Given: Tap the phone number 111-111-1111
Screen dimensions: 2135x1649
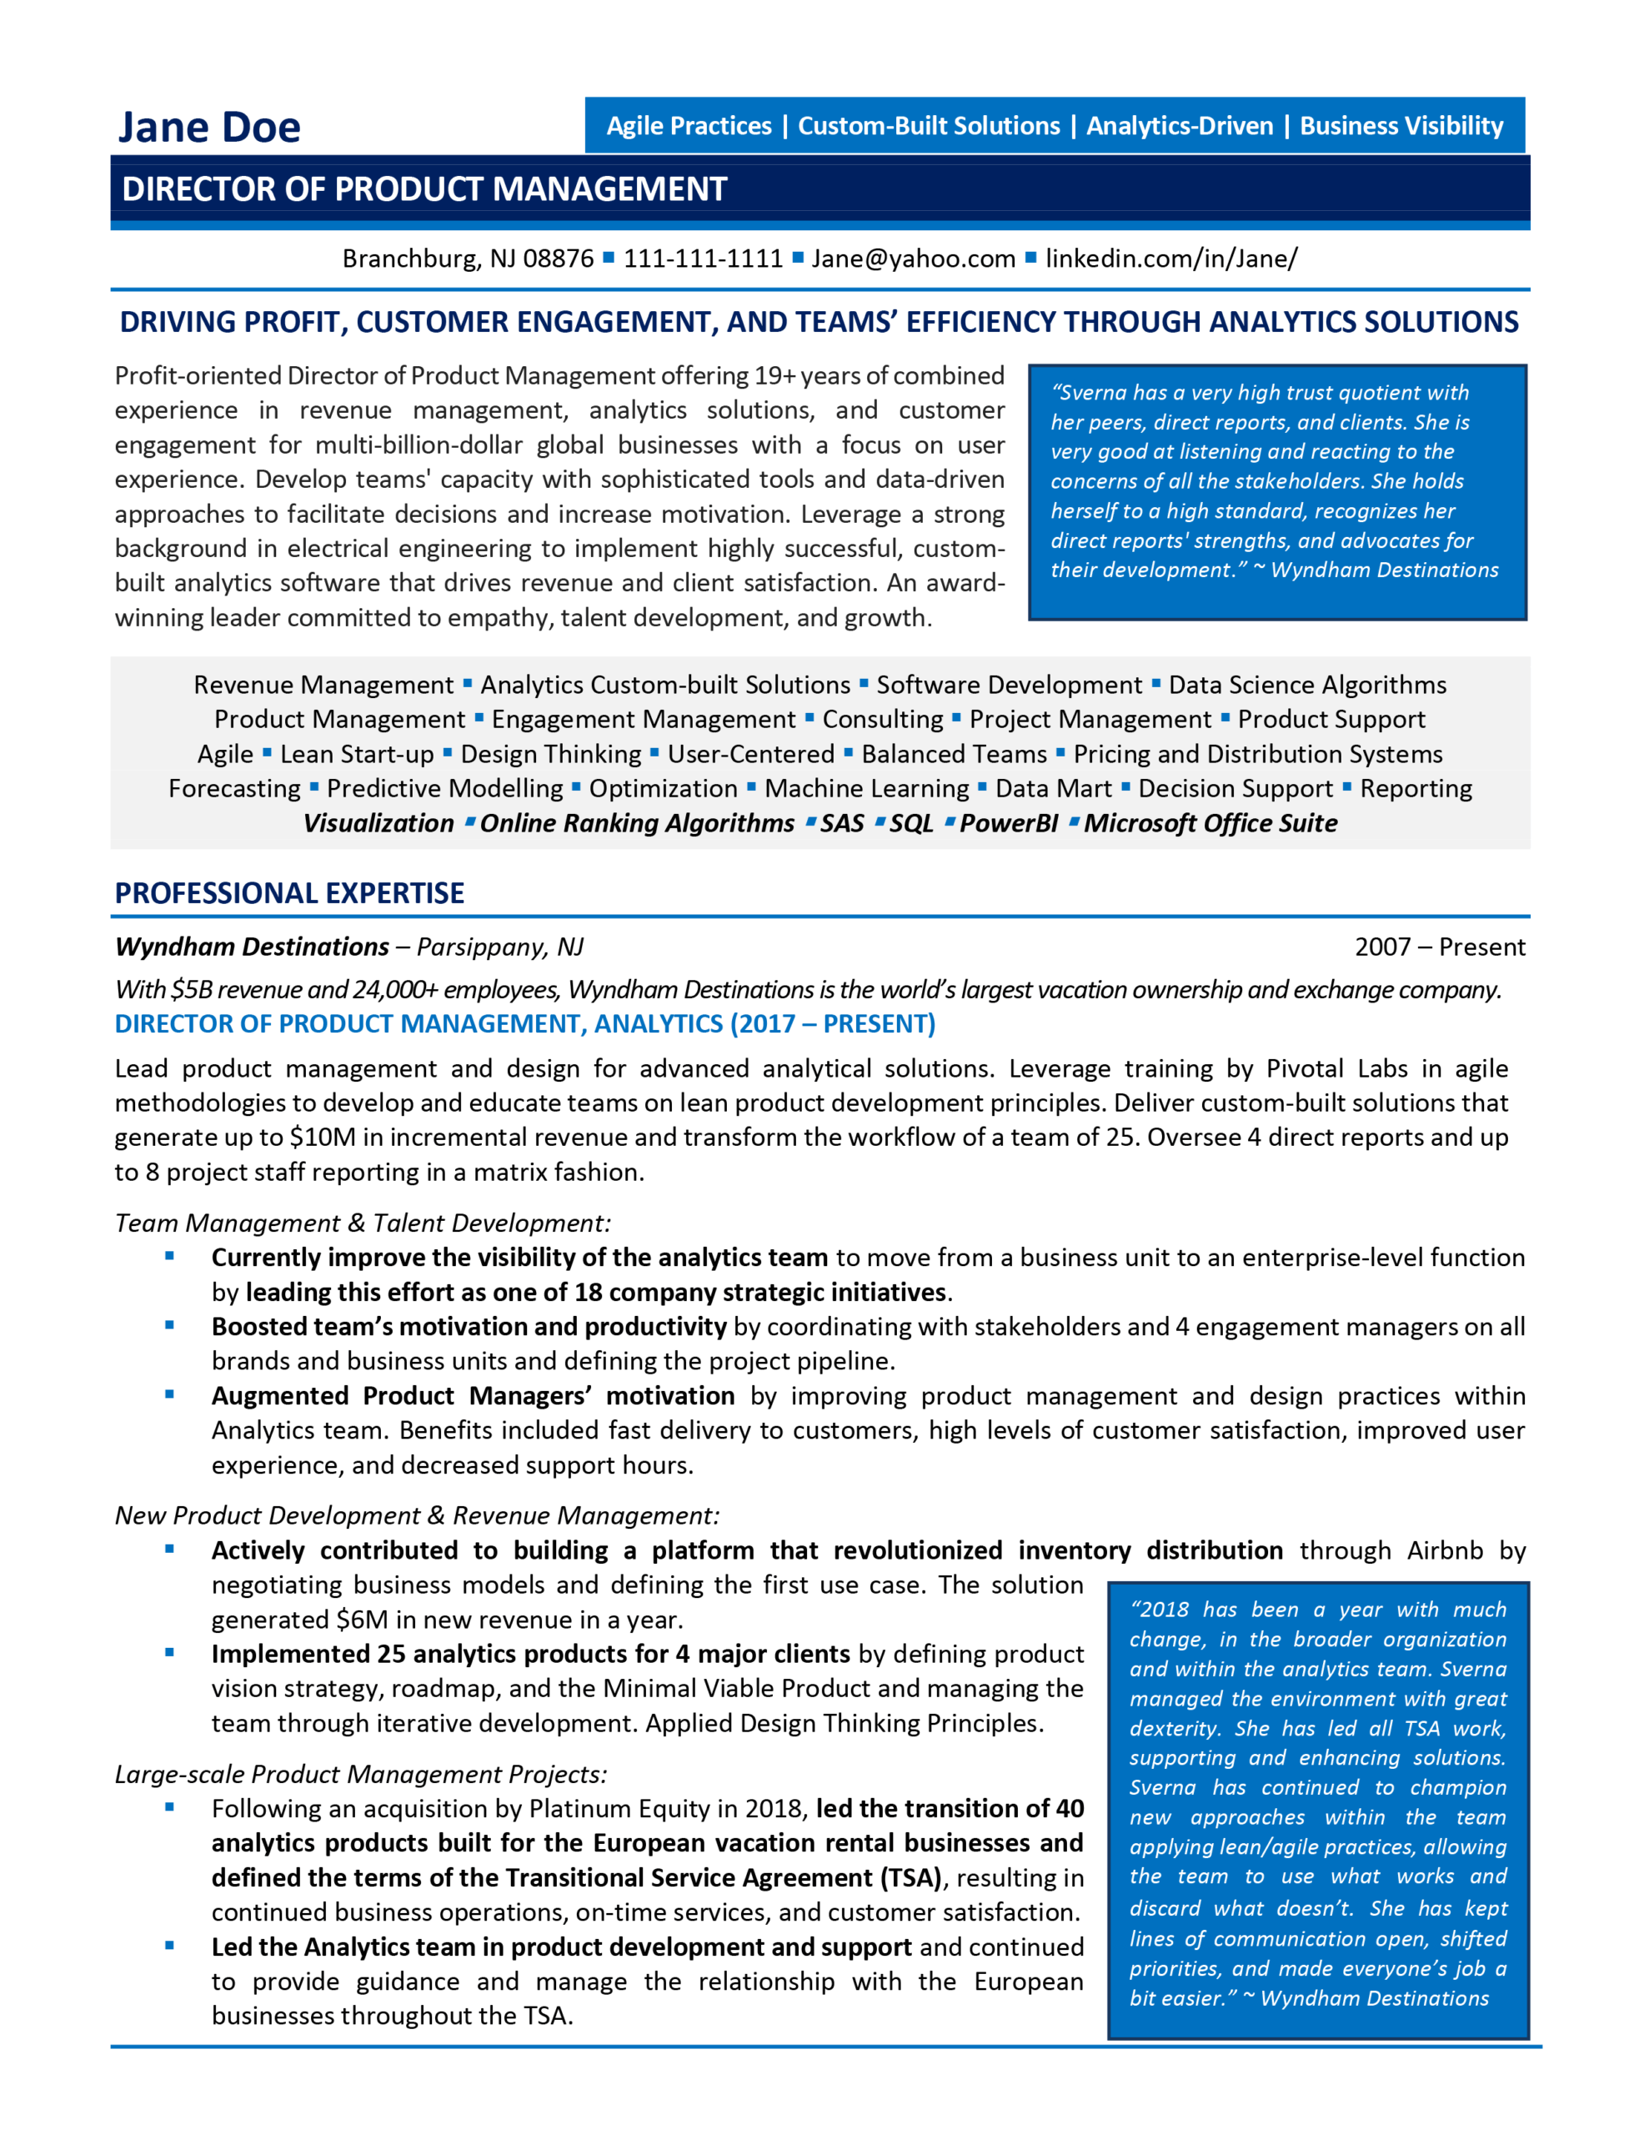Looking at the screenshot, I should pyautogui.click(x=703, y=258).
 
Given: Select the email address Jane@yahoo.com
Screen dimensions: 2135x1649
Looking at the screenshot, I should pyautogui.click(x=913, y=258).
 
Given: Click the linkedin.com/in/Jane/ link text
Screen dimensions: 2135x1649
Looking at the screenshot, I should pyautogui.click(x=1171, y=258).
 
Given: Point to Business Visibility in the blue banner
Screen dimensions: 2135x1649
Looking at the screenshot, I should pyautogui.click(x=1401, y=126).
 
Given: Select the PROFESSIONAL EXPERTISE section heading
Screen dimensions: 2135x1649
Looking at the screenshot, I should pyautogui.click(x=289, y=892).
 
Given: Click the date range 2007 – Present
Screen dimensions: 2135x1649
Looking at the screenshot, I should pyautogui.click(x=1439, y=947).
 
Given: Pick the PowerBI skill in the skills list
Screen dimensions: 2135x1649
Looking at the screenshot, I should pyautogui.click(x=1008, y=823).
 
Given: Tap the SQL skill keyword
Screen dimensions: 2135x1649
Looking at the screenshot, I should pyautogui.click(x=911, y=823).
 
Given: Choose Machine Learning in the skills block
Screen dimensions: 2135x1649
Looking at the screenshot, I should pyautogui.click(x=866, y=788).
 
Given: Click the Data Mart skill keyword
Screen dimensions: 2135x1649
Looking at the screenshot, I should pyautogui.click(x=1053, y=788).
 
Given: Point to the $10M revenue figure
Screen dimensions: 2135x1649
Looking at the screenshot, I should pyautogui.click(x=321, y=1137).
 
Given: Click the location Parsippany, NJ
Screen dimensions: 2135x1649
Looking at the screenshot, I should pyautogui.click(x=499, y=947).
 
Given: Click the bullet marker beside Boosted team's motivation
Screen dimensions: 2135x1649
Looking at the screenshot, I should pyautogui.click(x=169, y=1325).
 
